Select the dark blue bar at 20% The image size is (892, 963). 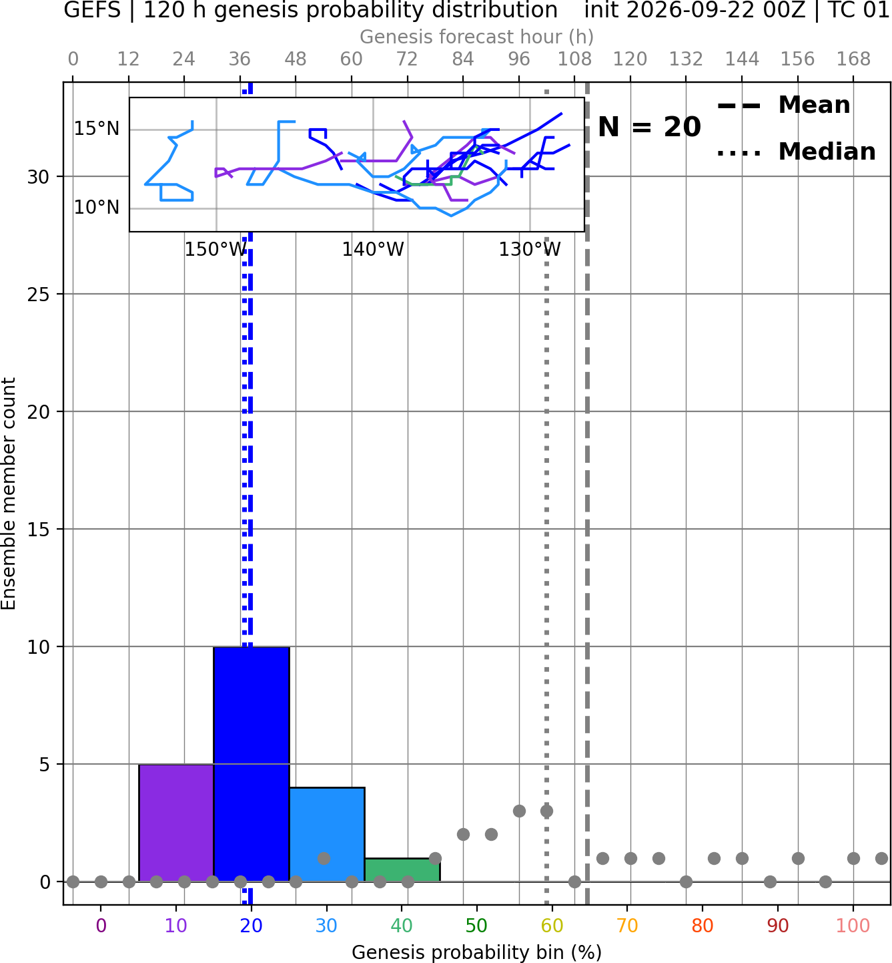click(252, 764)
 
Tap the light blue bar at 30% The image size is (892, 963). click(327, 835)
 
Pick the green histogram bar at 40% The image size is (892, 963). click(402, 870)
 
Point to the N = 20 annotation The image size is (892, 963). click(649, 127)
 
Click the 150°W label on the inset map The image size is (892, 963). click(216, 250)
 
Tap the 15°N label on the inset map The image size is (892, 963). click(97, 129)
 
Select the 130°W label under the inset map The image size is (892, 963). click(530, 250)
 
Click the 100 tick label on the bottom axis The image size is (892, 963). click(853, 926)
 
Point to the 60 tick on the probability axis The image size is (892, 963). click(552, 926)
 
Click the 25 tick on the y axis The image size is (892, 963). click(39, 295)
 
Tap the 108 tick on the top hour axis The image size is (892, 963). click(574, 59)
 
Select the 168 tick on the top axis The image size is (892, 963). click(853, 59)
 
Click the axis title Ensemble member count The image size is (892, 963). click(9, 494)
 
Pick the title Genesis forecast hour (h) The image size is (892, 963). click(477, 37)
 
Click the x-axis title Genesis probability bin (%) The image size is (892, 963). click(477, 952)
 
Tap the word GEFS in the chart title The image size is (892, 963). click(92, 10)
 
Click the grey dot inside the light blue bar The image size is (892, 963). click(324, 858)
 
